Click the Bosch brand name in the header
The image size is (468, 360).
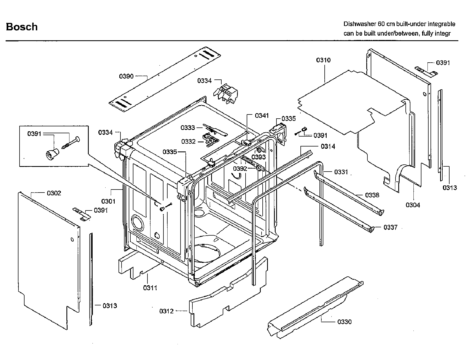[x=22, y=27]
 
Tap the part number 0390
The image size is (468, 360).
[x=126, y=76]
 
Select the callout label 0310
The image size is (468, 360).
[x=323, y=60]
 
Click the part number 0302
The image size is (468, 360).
[x=54, y=193]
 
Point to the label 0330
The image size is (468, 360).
[x=344, y=322]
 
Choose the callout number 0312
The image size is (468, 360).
[x=166, y=311]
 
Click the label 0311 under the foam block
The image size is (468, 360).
[x=150, y=288]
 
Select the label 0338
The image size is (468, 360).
[x=372, y=195]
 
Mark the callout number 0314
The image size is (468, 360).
[x=328, y=146]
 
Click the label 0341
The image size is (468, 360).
[x=262, y=116]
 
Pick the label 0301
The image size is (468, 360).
[x=108, y=201]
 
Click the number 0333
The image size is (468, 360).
[x=188, y=127]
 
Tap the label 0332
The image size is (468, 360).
[x=188, y=142]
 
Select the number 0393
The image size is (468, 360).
[x=259, y=157]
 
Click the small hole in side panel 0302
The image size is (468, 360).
[x=72, y=239]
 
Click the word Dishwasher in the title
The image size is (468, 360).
[x=359, y=24]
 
